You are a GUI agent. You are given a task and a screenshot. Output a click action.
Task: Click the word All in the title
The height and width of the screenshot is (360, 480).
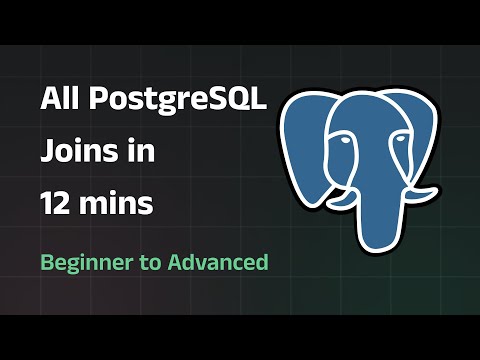click(60, 99)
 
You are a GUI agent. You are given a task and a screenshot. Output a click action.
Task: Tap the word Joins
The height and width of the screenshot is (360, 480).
click(76, 152)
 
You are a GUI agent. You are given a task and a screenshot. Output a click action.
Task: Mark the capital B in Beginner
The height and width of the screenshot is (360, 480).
click(47, 262)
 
